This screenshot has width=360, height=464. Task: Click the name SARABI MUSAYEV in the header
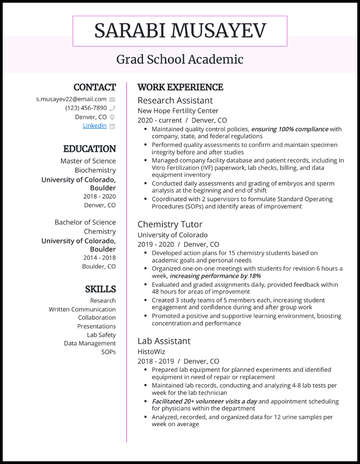click(180, 31)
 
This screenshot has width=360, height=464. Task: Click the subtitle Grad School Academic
click(180, 59)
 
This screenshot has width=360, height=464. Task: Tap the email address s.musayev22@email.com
click(71, 99)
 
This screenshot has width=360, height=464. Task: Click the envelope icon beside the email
click(112, 99)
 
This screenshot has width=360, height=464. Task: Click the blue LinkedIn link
click(94, 126)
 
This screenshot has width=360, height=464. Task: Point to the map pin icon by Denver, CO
click(112, 117)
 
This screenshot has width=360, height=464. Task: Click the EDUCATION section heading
click(90, 149)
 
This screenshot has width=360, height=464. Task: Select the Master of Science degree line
click(88, 161)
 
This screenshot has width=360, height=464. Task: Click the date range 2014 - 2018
click(99, 258)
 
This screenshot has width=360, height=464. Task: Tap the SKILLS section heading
click(100, 289)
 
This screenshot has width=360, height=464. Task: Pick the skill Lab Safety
click(101, 335)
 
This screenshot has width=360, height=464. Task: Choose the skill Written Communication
click(82, 309)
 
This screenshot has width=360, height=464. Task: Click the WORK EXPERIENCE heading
click(180, 87)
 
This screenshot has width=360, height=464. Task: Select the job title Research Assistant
click(175, 100)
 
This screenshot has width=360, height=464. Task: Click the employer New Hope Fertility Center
click(178, 111)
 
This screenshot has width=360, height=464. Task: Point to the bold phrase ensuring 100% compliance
click(289, 129)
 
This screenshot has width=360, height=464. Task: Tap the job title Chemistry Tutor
click(170, 224)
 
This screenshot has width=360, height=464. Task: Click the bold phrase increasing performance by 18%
click(215, 276)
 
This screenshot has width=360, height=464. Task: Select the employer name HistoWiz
click(151, 351)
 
